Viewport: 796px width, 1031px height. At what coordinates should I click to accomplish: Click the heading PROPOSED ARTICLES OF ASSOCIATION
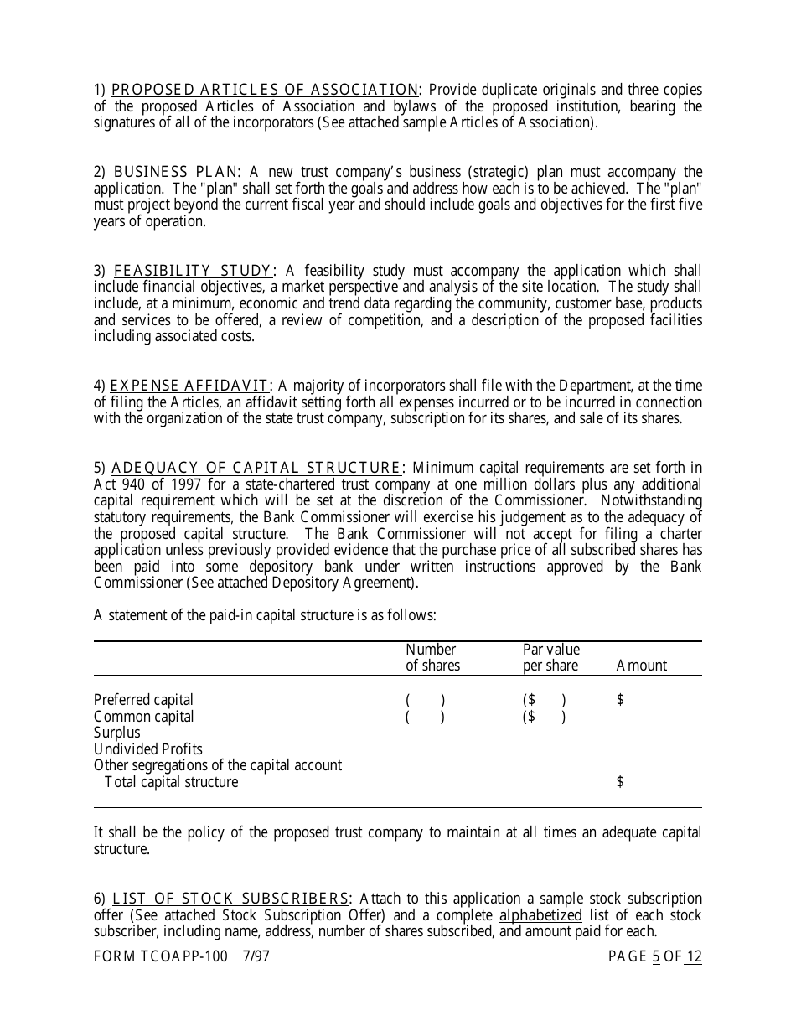(265, 90)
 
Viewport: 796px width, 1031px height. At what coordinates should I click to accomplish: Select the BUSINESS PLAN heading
(176, 172)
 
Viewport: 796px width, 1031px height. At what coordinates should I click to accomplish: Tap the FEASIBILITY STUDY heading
(193, 271)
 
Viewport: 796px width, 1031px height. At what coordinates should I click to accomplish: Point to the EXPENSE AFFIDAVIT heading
(189, 386)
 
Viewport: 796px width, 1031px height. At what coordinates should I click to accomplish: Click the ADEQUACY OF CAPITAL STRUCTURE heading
(256, 468)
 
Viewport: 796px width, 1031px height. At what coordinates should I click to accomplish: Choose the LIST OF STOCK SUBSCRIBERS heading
(230, 899)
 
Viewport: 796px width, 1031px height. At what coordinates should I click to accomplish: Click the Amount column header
(642, 666)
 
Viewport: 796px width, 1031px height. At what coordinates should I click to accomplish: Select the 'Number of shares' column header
(432, 657)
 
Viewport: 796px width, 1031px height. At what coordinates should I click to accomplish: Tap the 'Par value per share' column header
(550, 657)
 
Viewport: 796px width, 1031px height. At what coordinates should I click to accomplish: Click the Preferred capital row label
(143, 700)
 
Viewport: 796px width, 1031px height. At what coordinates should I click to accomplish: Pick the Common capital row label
(143, 717)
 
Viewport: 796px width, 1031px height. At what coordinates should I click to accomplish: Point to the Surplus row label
(117, 733)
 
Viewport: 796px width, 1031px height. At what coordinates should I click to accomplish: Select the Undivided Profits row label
(148, 749)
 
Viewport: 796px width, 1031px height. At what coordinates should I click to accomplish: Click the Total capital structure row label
(171, 782)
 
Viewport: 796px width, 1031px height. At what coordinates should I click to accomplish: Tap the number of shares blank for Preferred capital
(426, 700)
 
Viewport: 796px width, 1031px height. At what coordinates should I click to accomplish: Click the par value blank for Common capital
(545, 717)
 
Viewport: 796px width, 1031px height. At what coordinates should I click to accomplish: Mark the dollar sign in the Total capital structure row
(620, 782)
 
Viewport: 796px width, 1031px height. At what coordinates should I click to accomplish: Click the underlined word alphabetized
(540, 915)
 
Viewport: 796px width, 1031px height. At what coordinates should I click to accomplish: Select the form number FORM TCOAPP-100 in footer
(161, 956)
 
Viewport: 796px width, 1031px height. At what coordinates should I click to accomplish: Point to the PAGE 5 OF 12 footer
(654, 956)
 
